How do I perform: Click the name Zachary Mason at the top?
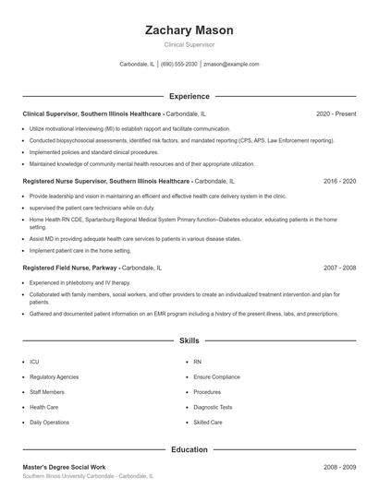pos(189,30)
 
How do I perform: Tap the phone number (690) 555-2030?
pos(178,65)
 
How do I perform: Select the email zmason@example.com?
pos(231,65)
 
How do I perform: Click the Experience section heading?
pos(189,96)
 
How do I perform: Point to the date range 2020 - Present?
pos(336,113)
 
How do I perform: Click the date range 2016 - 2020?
pos(339,182)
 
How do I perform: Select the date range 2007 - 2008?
pos(339,267)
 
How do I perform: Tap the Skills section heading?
pos(189,340)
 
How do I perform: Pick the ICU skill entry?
pos(34,362)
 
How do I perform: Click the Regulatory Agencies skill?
pos(54,376)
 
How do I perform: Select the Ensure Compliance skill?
pos(217,376)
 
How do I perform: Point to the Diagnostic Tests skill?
pos(213,407)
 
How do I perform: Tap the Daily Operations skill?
pos(49,422)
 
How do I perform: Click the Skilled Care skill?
pos(208,422)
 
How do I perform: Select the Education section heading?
pos(189,449)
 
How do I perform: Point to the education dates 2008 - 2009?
pos(339,467)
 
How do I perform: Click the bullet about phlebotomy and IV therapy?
pos(79,282)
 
